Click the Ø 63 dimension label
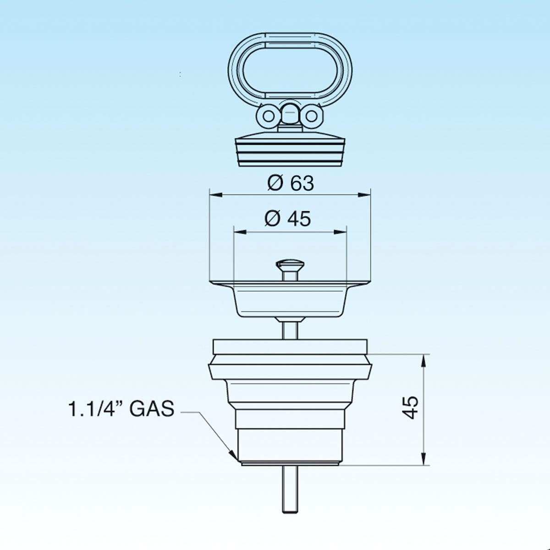click(291, 183)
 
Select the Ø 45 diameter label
click(288, 219)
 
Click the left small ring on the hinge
click(268, 116)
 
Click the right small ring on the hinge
click(311, 116)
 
